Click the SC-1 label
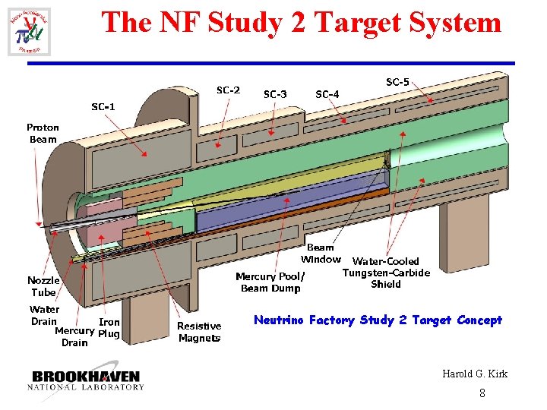pos(103,107)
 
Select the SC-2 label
pos(228,90)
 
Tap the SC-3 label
pos(275,94)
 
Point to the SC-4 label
pos(327,94)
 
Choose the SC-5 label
pos(397,82)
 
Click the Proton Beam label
pos(43,133)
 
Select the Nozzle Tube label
pos(43,286)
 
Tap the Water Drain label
pos(44,315)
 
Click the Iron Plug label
pos(109,328)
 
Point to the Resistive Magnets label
pos(199,332)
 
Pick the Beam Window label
pos(321,254)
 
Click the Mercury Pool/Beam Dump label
pos(270,282)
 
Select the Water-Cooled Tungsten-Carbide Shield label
pos(386,273)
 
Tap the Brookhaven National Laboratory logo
pos(86,380)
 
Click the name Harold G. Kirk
pos(475,374)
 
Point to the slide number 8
pos(482,393)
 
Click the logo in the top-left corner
pos(29,32)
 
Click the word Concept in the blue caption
pos(479,320)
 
